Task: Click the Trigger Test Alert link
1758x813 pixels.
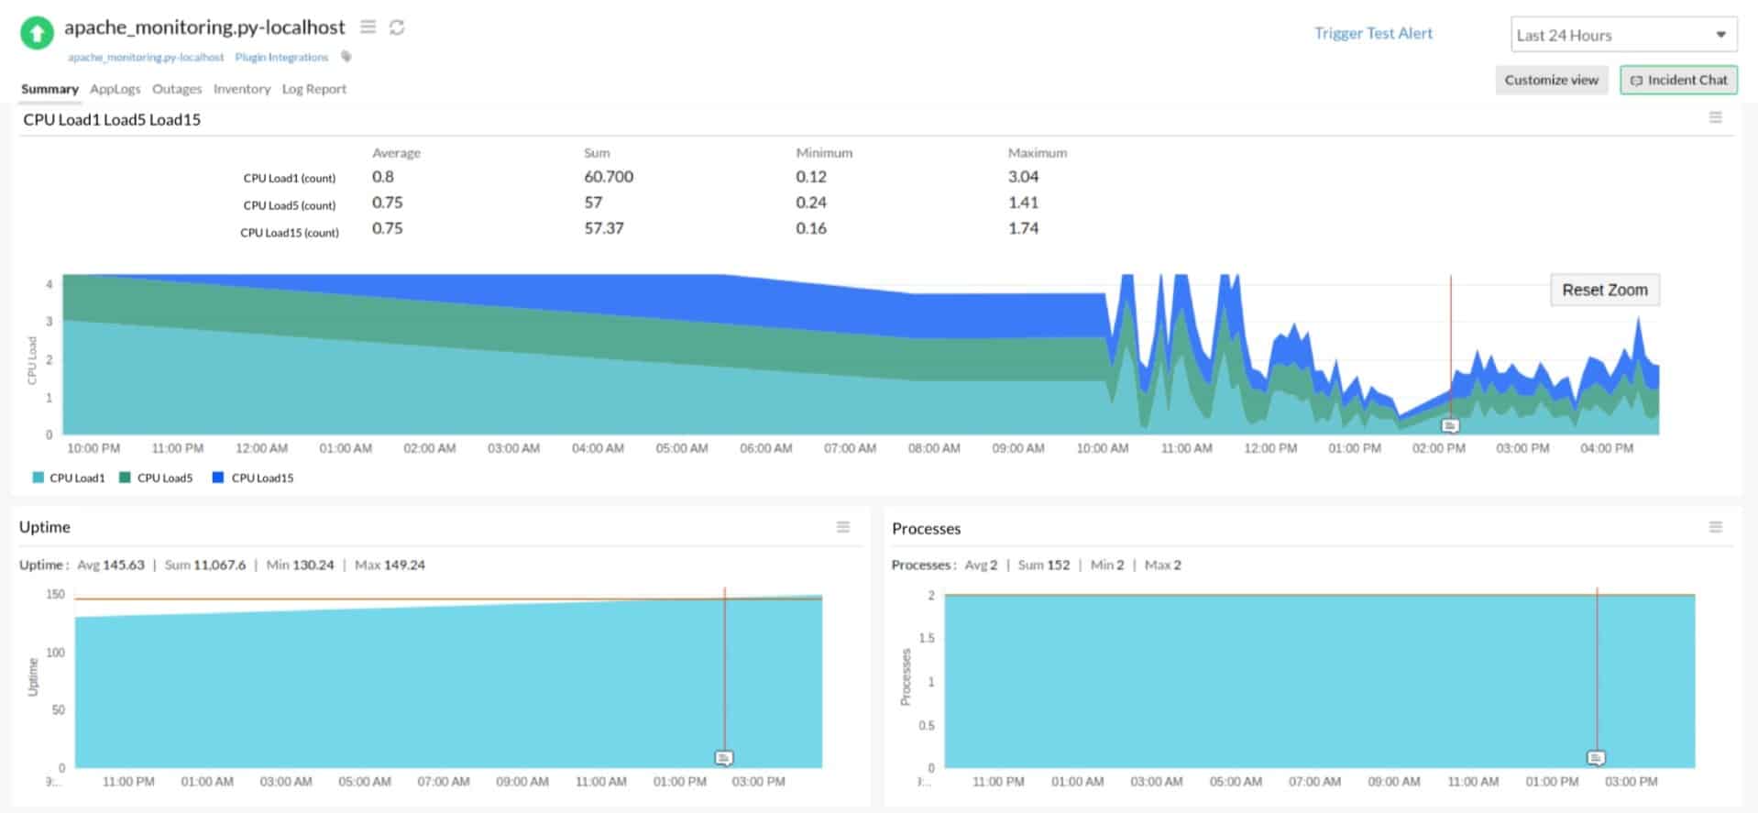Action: click(x=1372, y=34)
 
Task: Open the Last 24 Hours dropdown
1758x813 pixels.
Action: click(x=1622, y=36)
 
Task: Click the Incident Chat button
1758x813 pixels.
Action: click(x=1678, y=81)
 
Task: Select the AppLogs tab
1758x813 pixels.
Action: click(x=115, y=89)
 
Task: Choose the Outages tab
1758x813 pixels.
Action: click(x=177, y=89)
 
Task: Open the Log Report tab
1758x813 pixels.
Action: click(x=313, y=89)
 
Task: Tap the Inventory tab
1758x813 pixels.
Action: click(x=242, y=89)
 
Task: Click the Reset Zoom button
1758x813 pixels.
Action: click(x=1604, y=291)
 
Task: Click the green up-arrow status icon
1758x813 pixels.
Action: click(x=37, y=34)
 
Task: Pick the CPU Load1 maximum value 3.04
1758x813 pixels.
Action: click(x=1023, y=177)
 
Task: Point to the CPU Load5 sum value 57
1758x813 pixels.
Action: click(x=593, y=203)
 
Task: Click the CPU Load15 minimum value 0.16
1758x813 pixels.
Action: click(x=810, y=228)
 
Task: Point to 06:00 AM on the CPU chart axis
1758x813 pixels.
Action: click(x=765, y=448)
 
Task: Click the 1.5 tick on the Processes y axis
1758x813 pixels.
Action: click(x=927, y=638)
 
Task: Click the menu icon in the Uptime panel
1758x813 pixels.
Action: click(x=842, y=527)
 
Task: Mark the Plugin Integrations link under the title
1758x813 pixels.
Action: click(x=281, y=58)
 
